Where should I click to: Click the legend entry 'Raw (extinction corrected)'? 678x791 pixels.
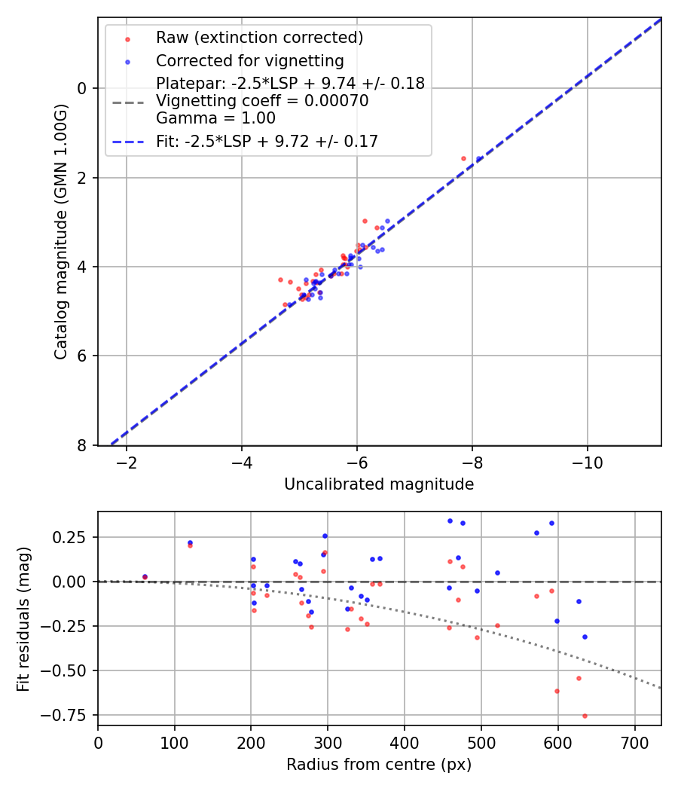(x=259, y=38)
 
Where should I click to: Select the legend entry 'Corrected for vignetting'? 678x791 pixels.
(x=249, y=61)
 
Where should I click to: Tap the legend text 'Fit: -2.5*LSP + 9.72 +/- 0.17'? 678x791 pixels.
(x=267, y=141)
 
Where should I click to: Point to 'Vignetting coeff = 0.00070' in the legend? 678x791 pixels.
(x=262, y=101)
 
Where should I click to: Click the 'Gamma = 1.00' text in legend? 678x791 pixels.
(x=215, y=118)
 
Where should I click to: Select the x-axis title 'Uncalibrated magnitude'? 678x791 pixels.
(x=379, y=484)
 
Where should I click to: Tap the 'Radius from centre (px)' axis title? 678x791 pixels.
(x=379, y=765)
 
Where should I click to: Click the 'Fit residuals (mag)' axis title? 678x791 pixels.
(x=24, y=618)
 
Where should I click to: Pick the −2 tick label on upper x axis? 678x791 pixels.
(x=127, y=462)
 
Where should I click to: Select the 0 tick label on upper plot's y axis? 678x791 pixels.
(x=84, y=89)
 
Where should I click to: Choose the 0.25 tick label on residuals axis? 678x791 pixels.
(x=72, y=537)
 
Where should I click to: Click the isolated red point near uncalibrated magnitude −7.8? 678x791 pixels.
(x=463, y=158)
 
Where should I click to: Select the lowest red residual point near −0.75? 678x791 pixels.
(x=585, y=716)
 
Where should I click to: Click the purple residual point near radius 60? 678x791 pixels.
(x=145, y=577)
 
